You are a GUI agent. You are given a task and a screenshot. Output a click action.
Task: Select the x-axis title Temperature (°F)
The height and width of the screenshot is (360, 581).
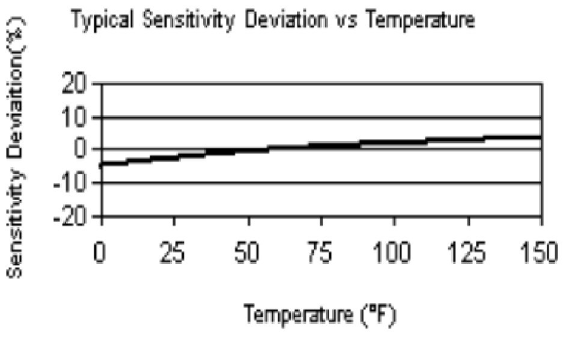coord(320,314)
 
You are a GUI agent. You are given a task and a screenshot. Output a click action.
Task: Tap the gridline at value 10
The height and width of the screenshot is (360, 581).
coord(360,117)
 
